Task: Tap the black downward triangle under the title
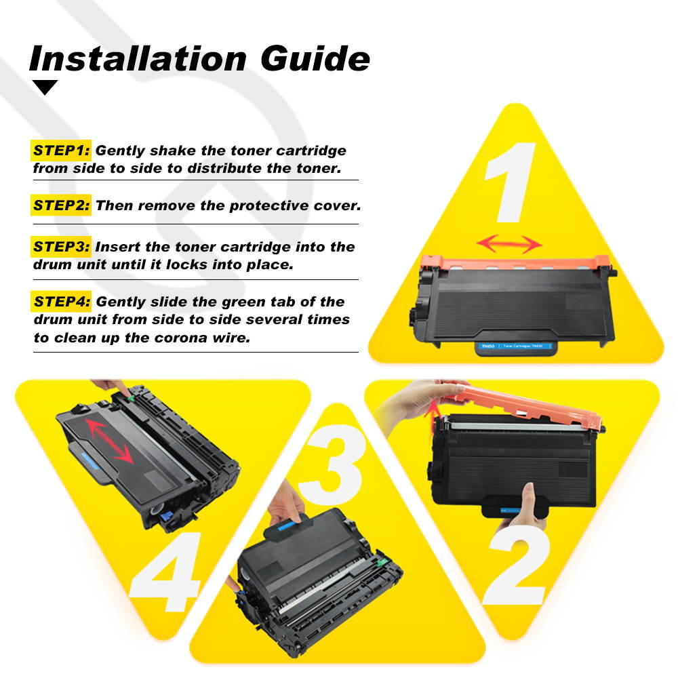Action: tap(45, 87)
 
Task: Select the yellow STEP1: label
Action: tap(61, 151)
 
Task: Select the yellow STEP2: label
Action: tap(61, 205)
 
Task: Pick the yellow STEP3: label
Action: tap(61, 247)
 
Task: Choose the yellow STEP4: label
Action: tap(61, 302)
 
